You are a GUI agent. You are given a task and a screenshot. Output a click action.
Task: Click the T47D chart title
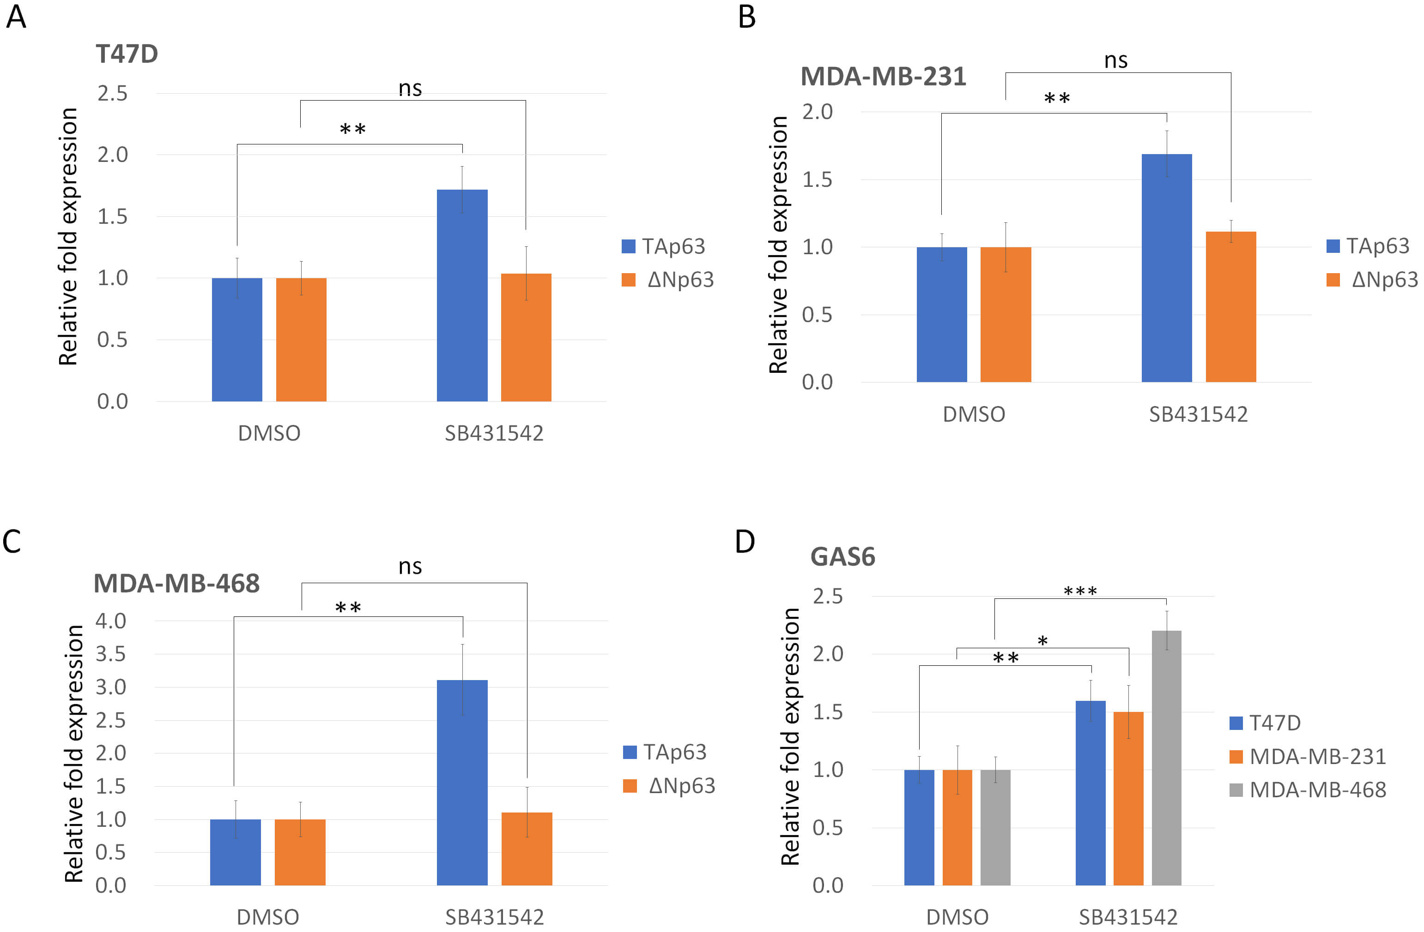pyautogui.click(x=127, y=54)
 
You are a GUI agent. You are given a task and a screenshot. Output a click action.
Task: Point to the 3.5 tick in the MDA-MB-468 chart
pyautogui.click(x=111, y=654)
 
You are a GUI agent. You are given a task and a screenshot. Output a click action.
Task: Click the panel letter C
pyautogui.click(x=12, y=542)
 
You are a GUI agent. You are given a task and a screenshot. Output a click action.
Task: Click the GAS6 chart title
pyautogui.click(x=842, y=557)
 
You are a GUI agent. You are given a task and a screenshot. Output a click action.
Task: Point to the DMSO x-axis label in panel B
pyautogui.click(x=974, y=414)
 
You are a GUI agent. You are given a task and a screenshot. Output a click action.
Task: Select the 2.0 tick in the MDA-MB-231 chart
pyautogui.click(x=817, y=112)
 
